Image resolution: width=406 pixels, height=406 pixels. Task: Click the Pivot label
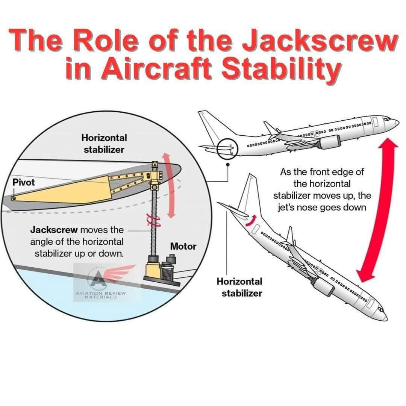click(23, 182)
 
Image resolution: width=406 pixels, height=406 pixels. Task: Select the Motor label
click(183, 246)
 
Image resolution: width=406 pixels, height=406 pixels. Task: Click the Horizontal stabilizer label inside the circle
click(104, 144)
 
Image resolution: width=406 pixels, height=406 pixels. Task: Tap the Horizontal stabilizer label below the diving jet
click(239, 287)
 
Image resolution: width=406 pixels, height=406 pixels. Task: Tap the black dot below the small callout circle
click(228, 164)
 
